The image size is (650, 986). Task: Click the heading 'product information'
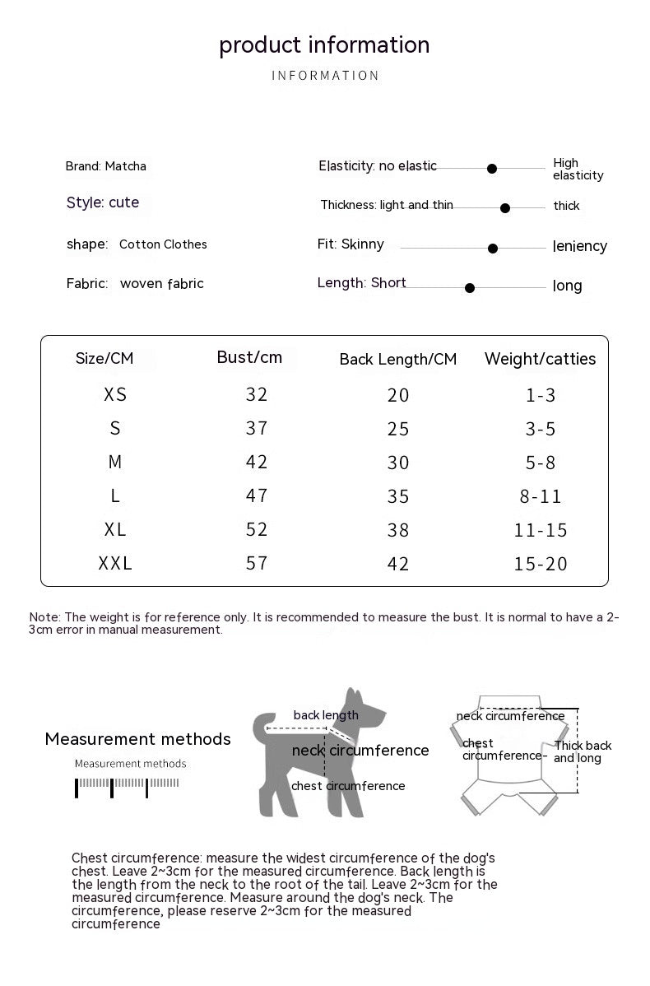(x=324, y=44)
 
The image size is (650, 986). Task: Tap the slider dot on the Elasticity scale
(x=492, y=169)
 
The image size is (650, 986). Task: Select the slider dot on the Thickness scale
(x=505, y=208)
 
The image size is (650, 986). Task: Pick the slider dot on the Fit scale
(x=493, y=248)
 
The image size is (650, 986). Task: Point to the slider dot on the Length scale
(x=470, y=288)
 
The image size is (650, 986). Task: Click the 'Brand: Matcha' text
(x=105, y=166)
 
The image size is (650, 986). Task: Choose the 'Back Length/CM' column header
(x=397, y=360)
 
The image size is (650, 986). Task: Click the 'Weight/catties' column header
(x=540, y=359)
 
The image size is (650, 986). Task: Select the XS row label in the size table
(x=115, y=394)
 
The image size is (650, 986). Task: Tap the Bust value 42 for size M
(x=257, y=462)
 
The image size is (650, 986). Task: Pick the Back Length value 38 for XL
(x=398, y=530)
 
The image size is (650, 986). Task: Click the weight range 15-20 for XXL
(x=541, y=564)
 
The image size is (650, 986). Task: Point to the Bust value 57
(x=257, y=563)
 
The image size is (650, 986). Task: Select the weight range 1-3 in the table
(x=541, y=395)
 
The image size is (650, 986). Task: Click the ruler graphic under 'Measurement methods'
(x=128, y=786)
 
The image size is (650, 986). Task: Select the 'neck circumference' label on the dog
(x=360, y=751)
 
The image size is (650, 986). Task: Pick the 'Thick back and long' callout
(x=582, y=751)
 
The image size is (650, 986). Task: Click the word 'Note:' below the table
(x=44, y=617)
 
